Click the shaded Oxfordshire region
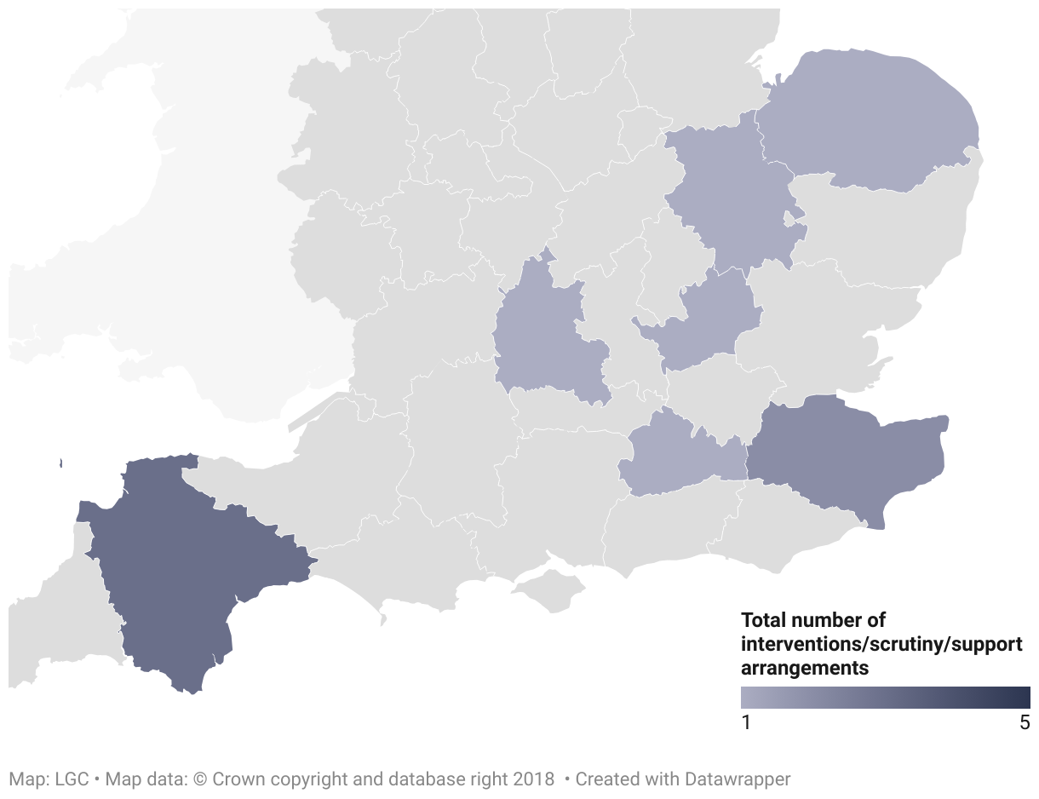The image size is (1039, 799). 541,341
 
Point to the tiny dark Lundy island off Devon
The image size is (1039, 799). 61,463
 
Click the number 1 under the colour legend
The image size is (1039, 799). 746,723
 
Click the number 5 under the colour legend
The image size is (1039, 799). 1025,723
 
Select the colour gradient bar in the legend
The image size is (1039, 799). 885,698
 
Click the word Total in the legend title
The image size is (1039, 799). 763,620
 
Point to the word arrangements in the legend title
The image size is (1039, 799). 805,668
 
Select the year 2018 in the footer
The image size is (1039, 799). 533,779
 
